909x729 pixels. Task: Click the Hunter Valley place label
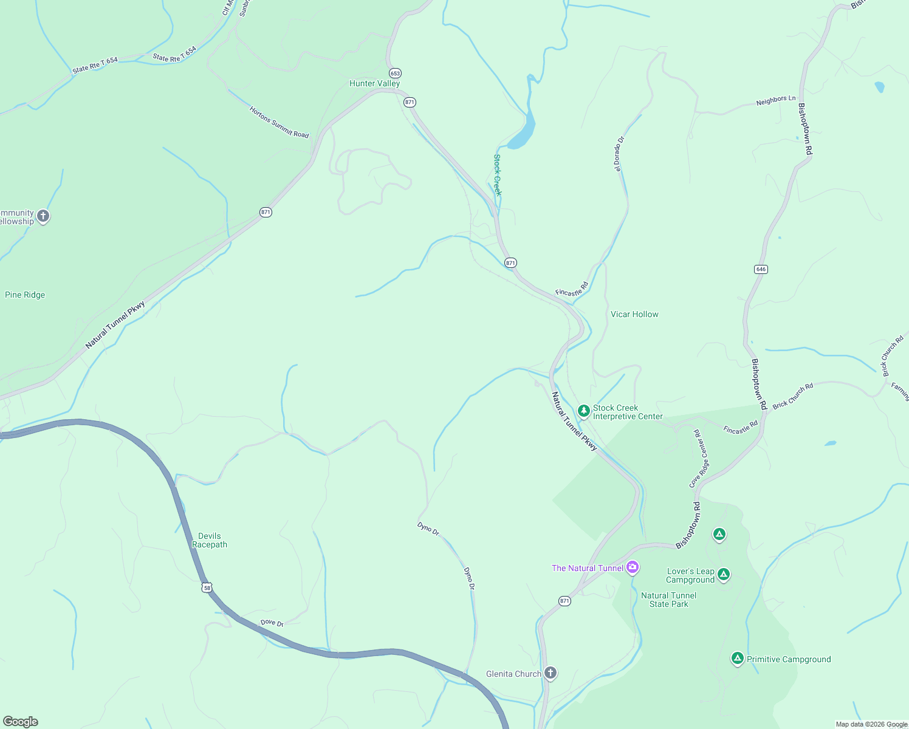[374, 83]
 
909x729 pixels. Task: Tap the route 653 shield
[395, 73]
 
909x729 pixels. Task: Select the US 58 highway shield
[208, 587]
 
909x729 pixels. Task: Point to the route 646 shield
[761, 269]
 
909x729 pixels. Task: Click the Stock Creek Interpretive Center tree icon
[583, 411]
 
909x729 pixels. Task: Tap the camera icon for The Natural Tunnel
[633, 567]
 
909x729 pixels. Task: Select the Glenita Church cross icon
[550, 673]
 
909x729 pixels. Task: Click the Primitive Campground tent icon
[737, 658]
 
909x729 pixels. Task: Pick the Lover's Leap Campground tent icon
[723, 574]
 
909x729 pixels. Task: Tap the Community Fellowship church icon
[43, 216]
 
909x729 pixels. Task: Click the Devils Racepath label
[210, 540]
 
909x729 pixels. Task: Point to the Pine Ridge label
[25, 295]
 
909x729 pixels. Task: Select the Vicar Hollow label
[634, 314]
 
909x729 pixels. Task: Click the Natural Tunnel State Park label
[668, 600]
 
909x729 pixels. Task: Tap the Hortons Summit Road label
[279, 122]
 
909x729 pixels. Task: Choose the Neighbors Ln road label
[775, 101]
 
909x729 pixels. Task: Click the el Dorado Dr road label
[619, 154]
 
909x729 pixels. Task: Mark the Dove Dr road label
[272, 623]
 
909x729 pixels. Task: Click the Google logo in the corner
[21, 721]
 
